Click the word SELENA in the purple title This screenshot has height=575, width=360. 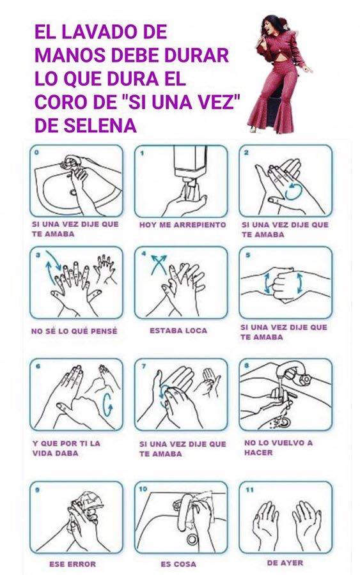pos(100,125)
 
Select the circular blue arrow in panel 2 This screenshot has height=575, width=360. pos(293,191)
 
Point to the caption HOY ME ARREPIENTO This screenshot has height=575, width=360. pos(182,224)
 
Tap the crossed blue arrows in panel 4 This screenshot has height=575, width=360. pos(159,264)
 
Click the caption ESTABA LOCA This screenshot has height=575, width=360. pos(178,330)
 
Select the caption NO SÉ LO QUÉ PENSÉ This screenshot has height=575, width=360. pos(75,331)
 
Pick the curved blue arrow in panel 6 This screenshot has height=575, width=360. pos(108,405)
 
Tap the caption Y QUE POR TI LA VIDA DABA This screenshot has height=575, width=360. pos(66,448)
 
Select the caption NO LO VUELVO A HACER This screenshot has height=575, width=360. pos(279,447)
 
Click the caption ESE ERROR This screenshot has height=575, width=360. pos(73,563)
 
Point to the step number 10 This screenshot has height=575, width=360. pos(143,489)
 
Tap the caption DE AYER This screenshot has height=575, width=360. pos(285,562)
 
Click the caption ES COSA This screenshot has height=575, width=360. pos(178,563)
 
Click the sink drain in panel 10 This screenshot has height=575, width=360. pos(192,539)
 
